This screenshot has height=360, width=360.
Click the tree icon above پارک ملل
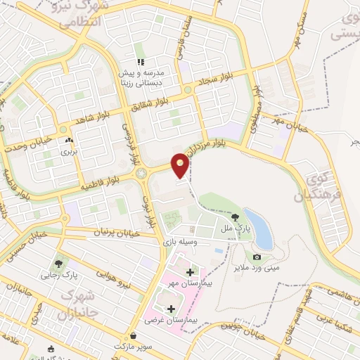[235, 218]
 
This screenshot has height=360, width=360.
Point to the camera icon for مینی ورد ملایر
[257, 257]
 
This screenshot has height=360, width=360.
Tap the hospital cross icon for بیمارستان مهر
[189, 272]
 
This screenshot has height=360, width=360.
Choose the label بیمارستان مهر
[186, 283]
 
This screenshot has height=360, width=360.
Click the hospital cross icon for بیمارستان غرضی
[170, 309]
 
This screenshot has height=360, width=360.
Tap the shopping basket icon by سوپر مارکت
[134, 336]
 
